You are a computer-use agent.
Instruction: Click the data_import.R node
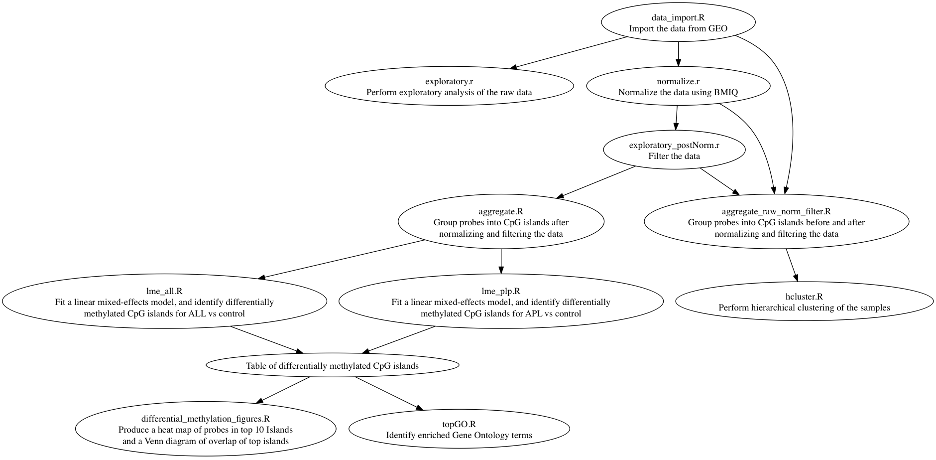[x=678, y=23]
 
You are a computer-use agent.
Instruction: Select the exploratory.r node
[x=449, y=87]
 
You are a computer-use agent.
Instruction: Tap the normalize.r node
[x=678, y=87]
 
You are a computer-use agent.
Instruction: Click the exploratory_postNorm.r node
[x=674, y=151]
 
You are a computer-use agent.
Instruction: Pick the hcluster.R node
[x=804, y=302]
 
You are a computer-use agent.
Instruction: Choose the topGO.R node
[x=459, y=430]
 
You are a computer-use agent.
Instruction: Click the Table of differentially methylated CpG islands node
[x=332, y=366]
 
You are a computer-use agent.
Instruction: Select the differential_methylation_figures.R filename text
[x=205, y=419]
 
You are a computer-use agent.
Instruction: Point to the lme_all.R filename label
[x=164, y=291]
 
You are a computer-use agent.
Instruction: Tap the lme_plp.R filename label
[x=500, y=291]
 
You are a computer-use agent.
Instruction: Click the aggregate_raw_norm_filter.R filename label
[x=776, y=211]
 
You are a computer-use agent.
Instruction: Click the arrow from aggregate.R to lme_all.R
[x=344, y=259]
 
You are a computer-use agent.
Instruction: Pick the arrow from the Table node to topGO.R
[x=388, y=393]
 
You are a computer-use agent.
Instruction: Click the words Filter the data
[x=674, y=156]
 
